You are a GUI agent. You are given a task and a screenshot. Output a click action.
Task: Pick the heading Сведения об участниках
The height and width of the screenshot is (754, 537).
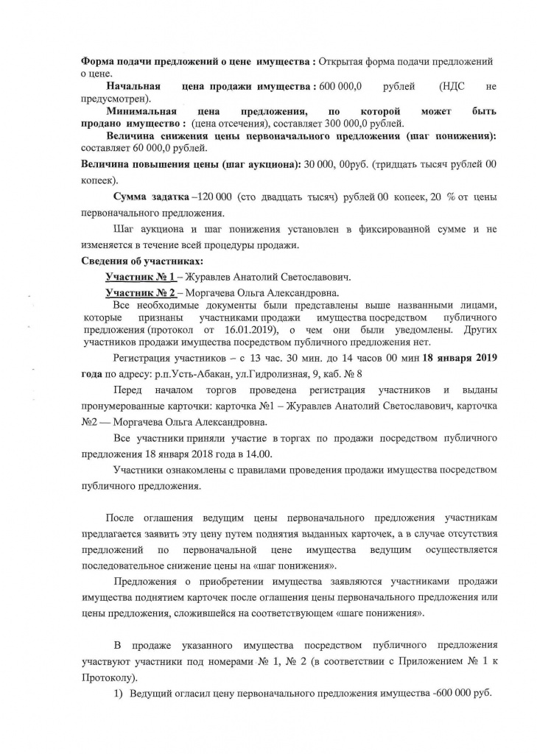[x=139, y=262]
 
